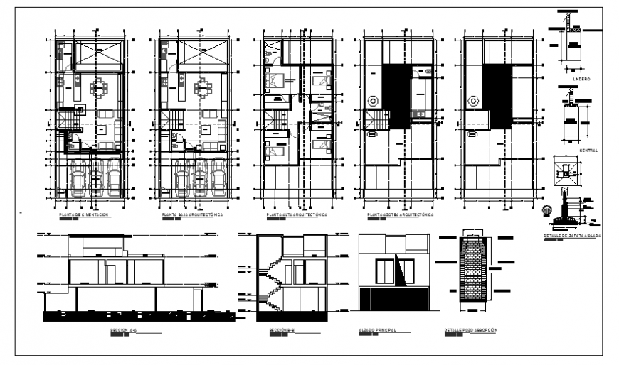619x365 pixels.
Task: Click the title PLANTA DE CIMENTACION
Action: coord(85,213)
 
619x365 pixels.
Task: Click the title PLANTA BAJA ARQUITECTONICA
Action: coord(193,213)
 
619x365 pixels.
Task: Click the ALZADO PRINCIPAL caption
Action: coord(377,331)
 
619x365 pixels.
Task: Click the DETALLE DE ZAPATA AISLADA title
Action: coord(571,234)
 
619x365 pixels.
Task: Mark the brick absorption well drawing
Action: coord(470,271)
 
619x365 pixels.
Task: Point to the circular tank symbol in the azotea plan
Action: coord(371,102)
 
